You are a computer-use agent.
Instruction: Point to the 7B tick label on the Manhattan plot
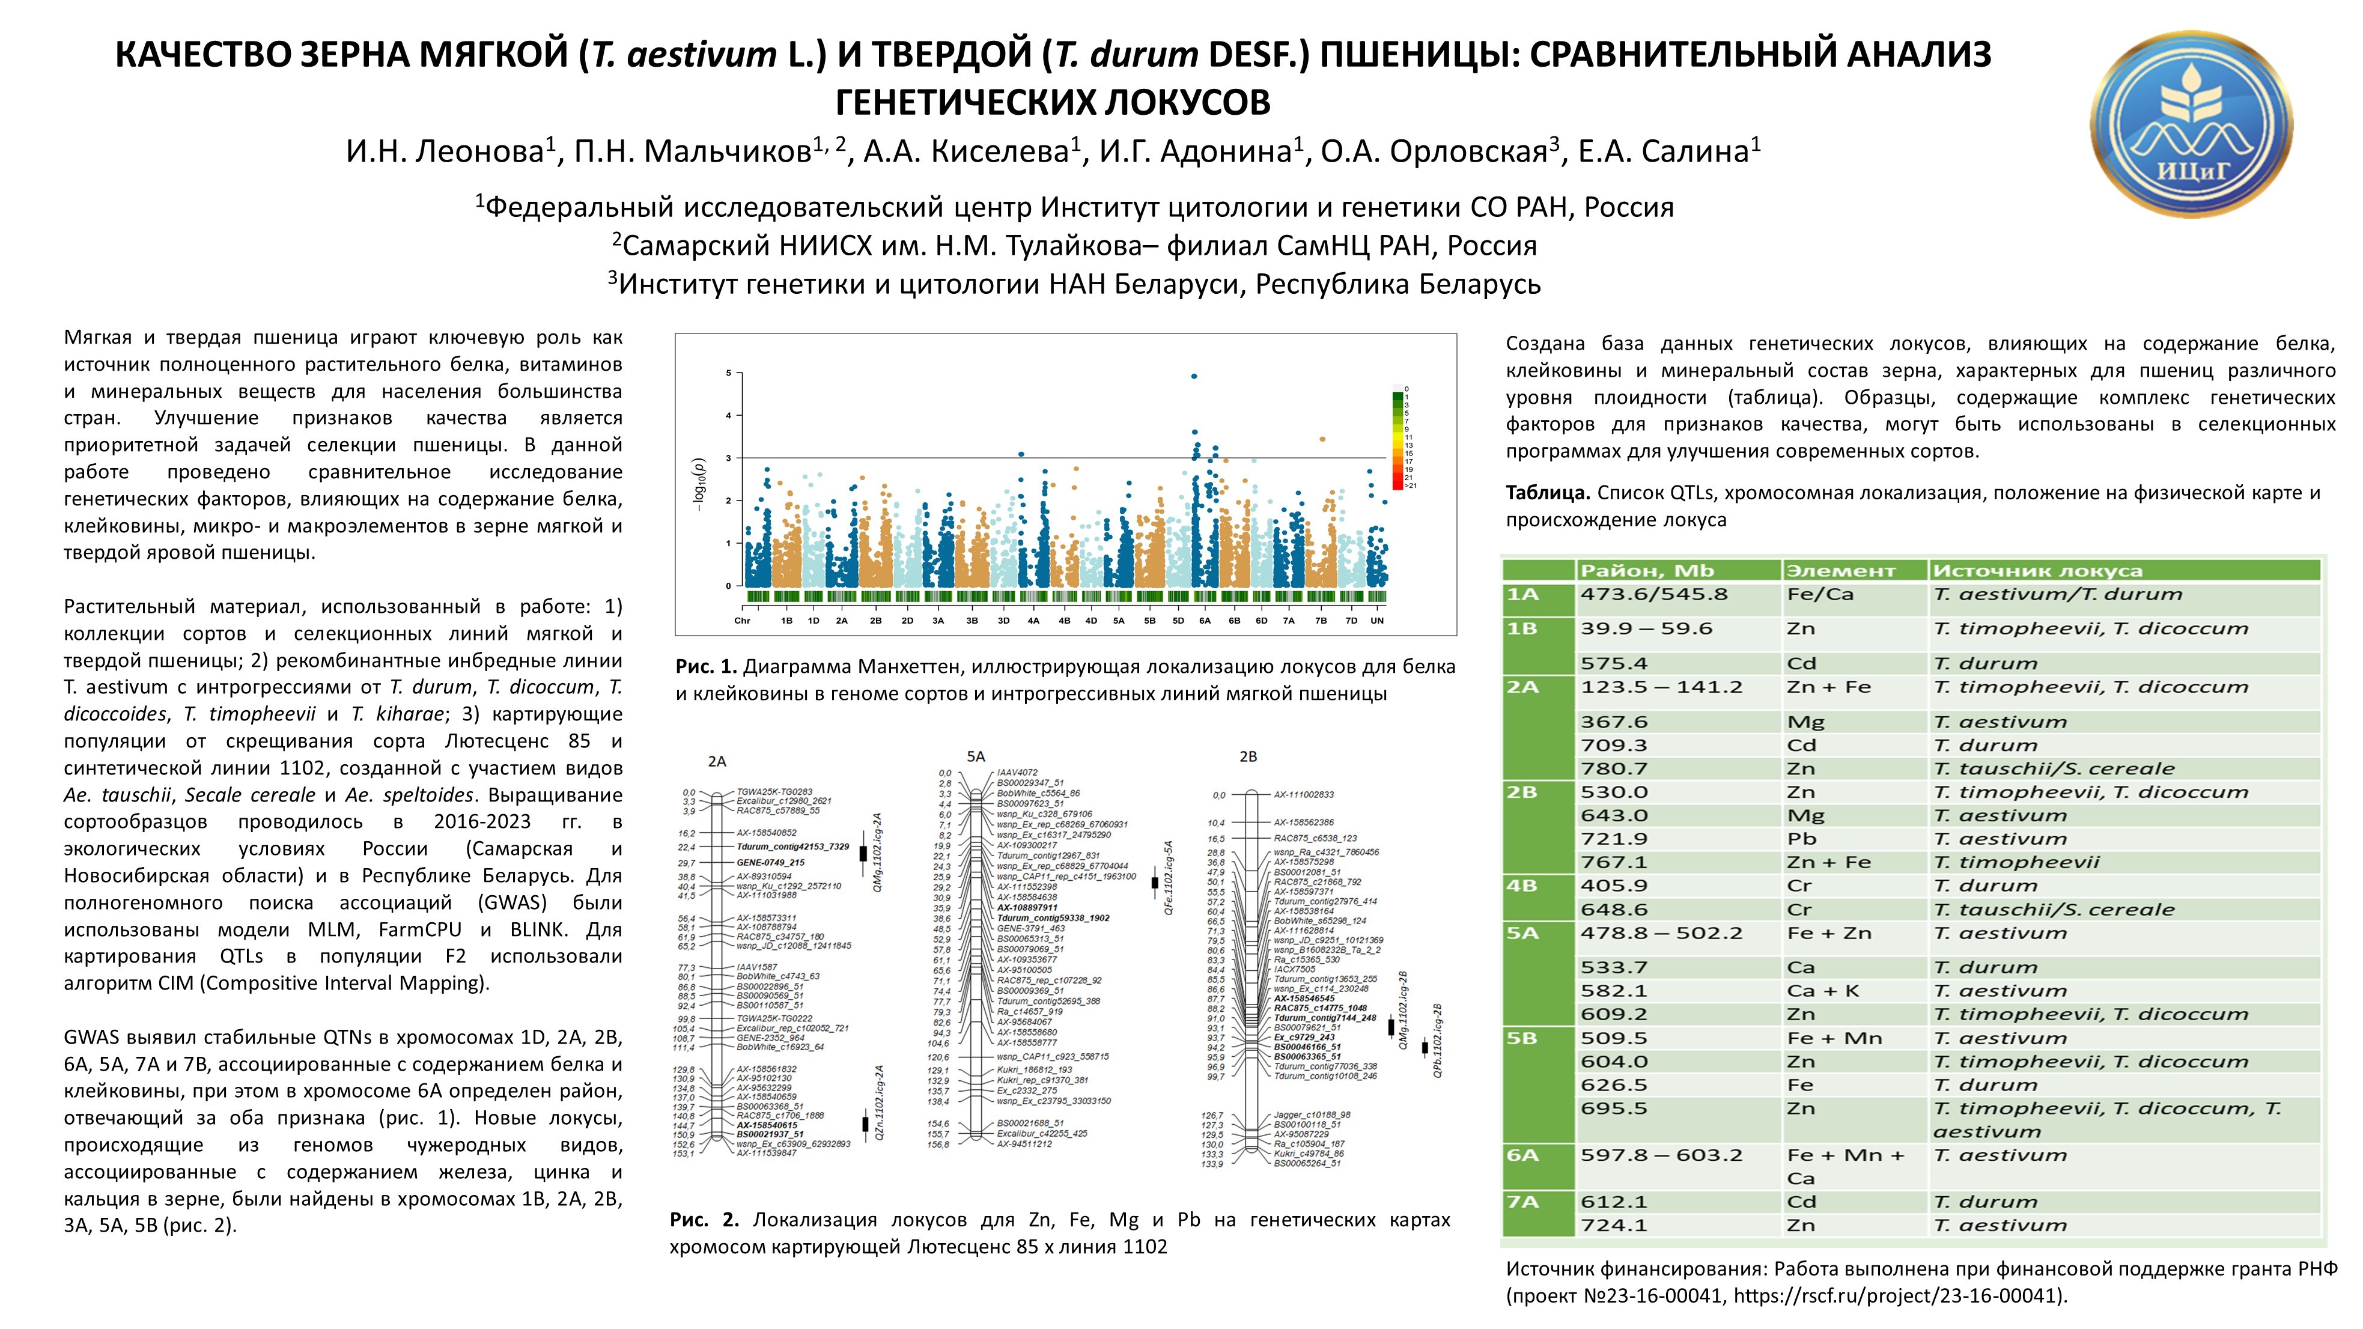(1321, 621)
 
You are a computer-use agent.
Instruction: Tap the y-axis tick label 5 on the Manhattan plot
(728, 373)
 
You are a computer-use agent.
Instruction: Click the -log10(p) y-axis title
(700, 484)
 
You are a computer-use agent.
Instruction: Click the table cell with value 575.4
(1614, 663)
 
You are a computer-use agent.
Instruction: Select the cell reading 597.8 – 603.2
(1660, 1155)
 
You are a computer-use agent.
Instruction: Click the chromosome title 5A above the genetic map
(975, 756)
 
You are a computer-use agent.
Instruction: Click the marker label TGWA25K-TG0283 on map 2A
(774, 791)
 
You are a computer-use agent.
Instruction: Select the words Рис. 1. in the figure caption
(707, 667)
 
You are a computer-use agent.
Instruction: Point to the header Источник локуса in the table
(2036, 571)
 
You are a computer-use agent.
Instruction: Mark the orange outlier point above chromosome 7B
(1322, 439)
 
